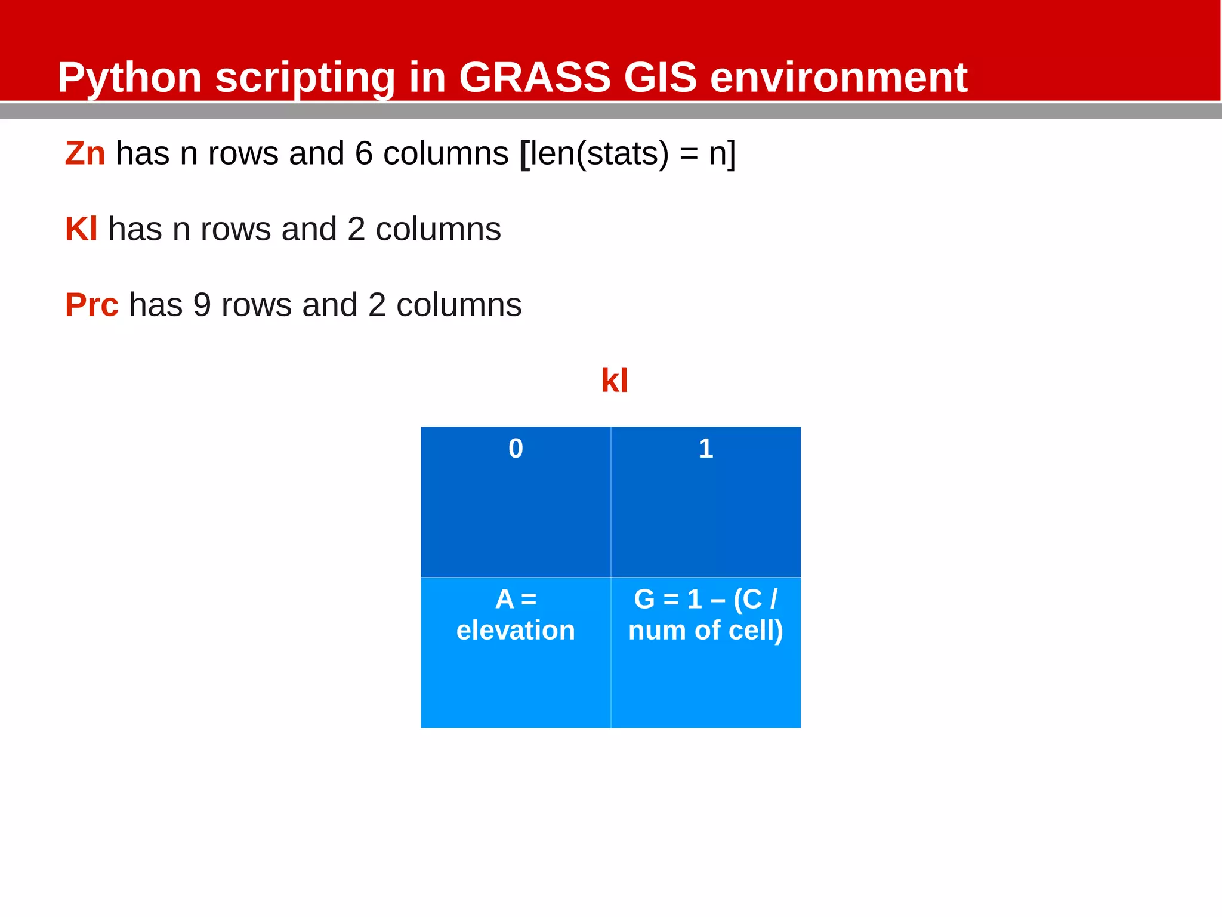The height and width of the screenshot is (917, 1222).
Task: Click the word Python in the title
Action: pos(129,78)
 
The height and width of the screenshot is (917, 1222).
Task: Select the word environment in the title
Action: pos(838,78)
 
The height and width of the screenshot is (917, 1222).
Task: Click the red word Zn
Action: pos(85,153)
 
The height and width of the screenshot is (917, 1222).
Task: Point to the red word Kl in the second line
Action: pos(81,229)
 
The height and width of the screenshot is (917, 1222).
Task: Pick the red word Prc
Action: pos(91,305)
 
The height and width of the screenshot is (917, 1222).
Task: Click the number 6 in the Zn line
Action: pos(364,153)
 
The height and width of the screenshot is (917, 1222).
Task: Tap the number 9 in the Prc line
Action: pos(202,305)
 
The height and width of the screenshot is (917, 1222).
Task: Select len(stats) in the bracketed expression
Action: pos(599,153)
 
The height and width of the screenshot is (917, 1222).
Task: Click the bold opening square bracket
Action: pos(524,154)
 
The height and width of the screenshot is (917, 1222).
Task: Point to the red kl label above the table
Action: pos(614,380)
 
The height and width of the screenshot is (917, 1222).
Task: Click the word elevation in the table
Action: pos(516,630)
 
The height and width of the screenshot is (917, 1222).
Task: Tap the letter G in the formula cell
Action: pos(644,599)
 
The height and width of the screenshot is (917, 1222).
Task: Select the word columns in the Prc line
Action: pos(459,305)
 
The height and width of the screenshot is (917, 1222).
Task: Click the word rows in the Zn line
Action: pos(243,153)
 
